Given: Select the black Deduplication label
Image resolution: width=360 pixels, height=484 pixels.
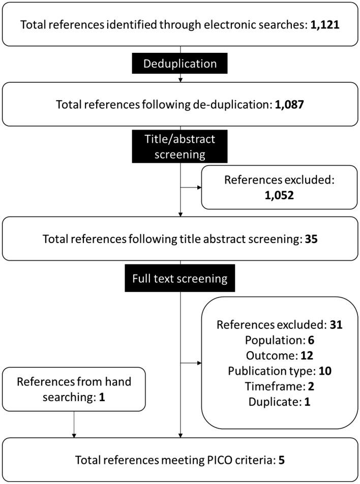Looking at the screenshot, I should click(x=181, y=64).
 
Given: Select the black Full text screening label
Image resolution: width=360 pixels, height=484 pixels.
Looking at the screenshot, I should click(x=181, y=279).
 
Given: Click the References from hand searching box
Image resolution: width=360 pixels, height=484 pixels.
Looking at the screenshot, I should click(x=74, y=387).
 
